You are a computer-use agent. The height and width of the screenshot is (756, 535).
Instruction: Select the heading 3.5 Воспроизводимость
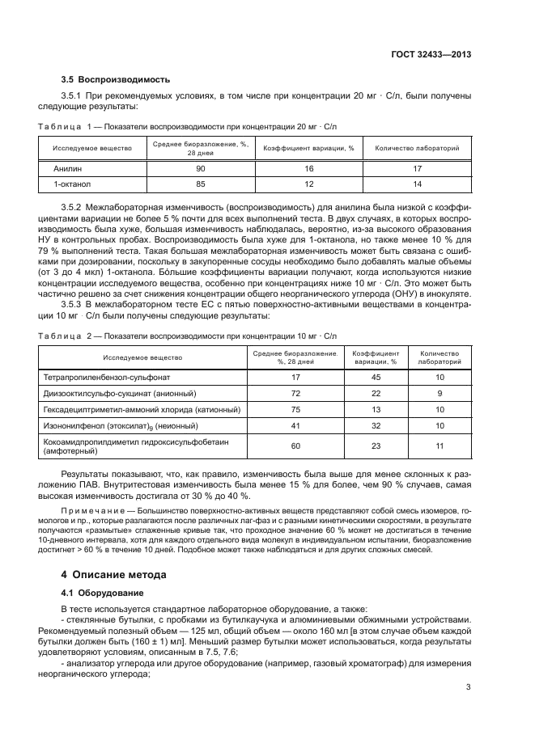tap(116, 80)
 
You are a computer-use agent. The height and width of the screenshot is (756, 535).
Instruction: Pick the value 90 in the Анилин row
tap(200, 169)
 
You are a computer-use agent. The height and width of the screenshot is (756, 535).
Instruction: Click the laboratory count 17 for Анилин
tap(418, 169)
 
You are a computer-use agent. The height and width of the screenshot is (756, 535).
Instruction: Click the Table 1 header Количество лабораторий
tap(418, 149)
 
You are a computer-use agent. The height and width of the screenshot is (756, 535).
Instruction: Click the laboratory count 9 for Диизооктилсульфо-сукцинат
tap(439, 393)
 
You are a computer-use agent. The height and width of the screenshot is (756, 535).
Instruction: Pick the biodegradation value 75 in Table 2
tap(295, 409)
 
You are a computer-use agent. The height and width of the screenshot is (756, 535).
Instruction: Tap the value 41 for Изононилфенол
tap(295, 425)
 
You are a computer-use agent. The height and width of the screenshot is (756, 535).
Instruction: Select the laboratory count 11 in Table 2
tap(439, 446)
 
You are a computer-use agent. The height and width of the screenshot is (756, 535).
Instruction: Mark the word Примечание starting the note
tap(91, 511)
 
